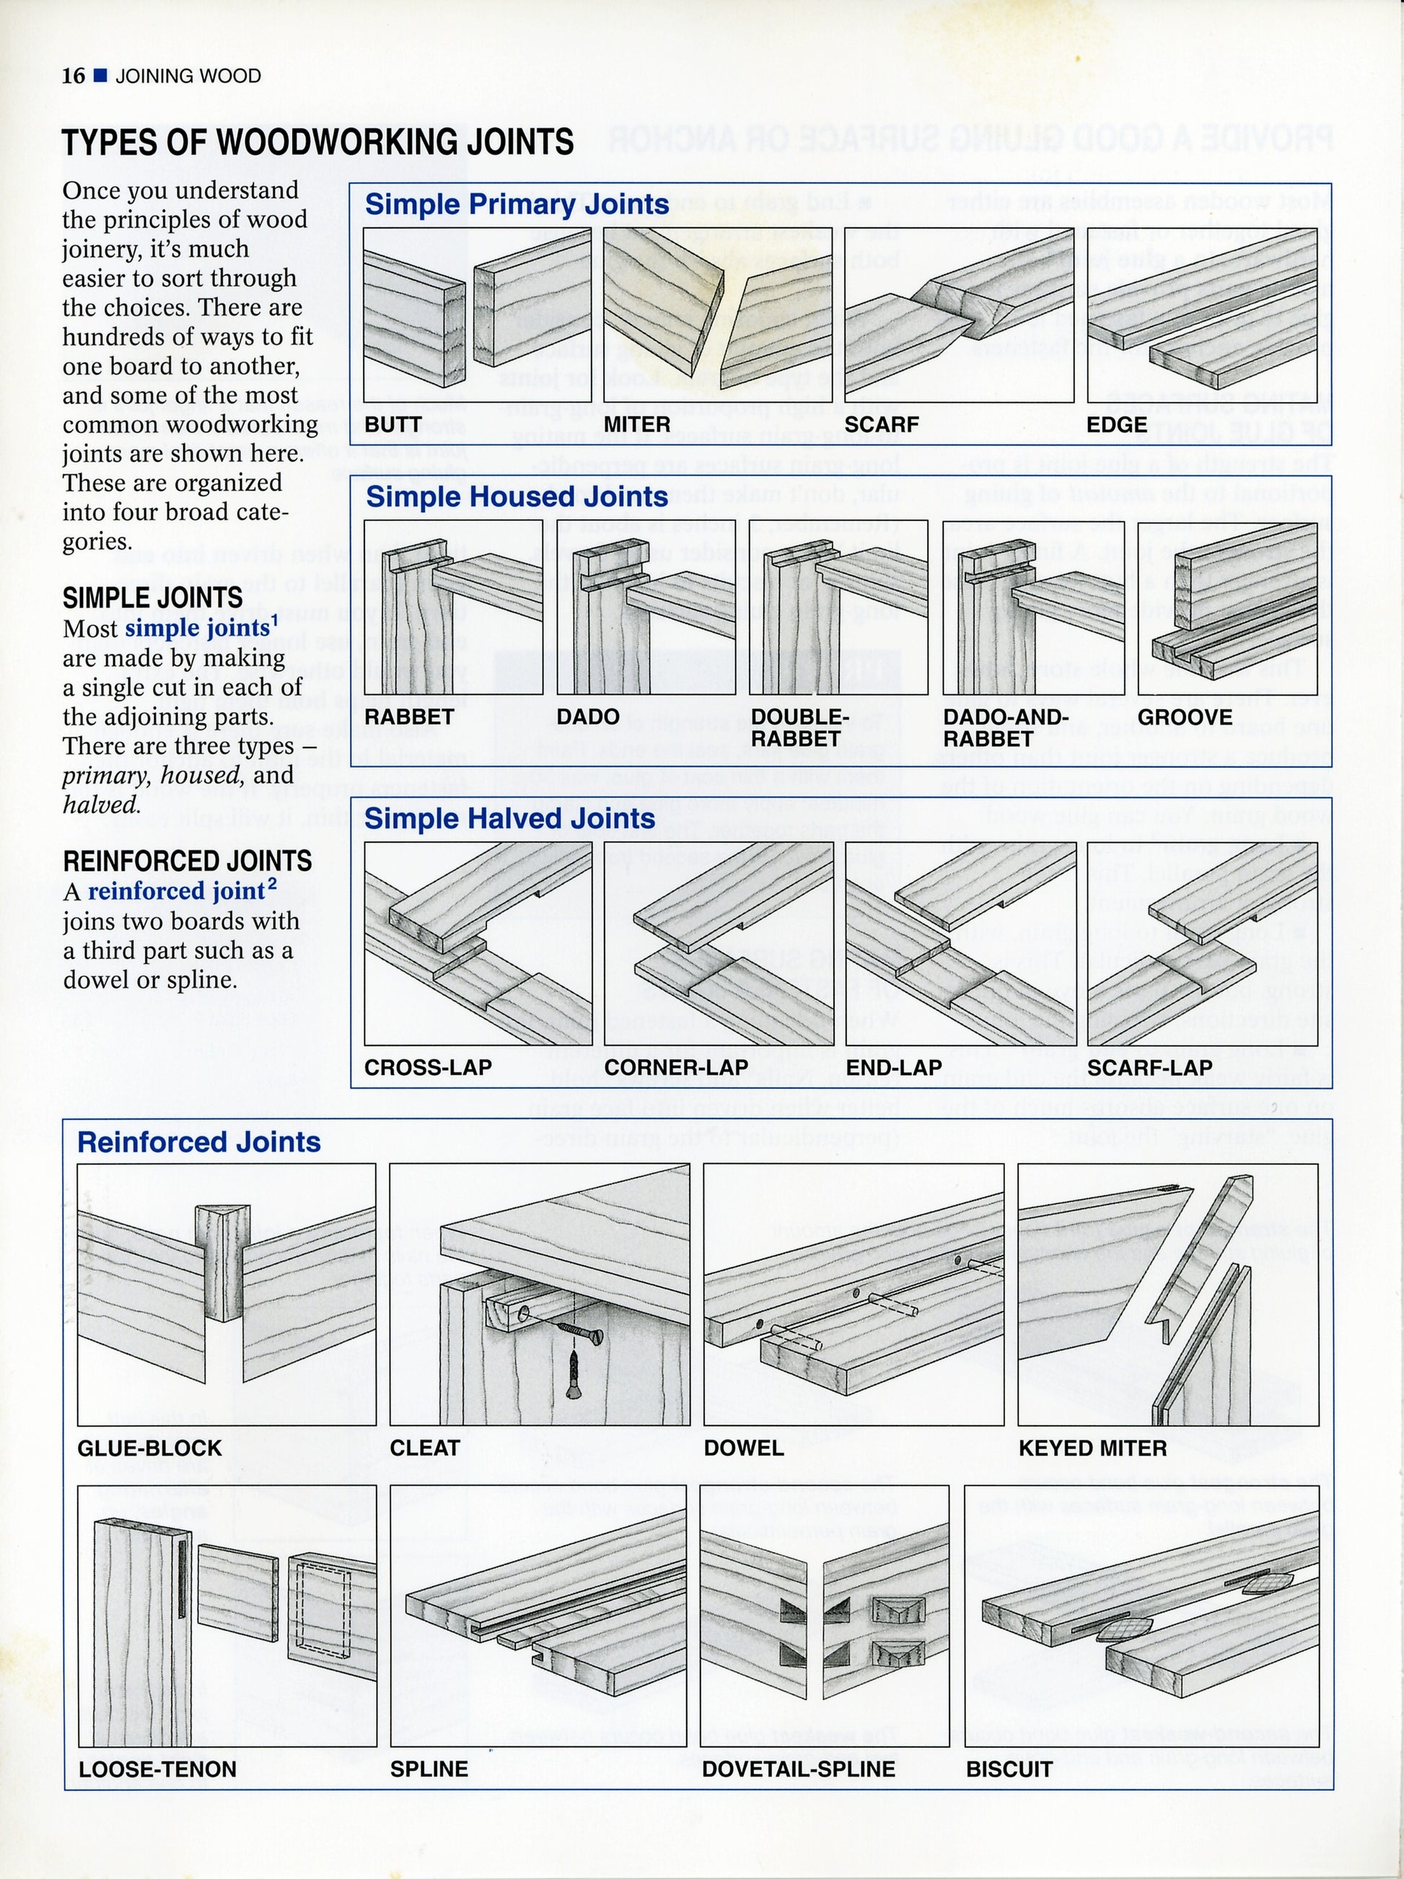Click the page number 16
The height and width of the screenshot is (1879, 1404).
(73, 76)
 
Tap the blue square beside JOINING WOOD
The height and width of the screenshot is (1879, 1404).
(100, 76)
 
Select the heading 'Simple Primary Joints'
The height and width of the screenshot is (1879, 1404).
(517, 205)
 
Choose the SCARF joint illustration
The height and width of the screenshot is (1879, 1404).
(959, 315)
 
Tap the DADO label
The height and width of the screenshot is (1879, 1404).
(588, 717)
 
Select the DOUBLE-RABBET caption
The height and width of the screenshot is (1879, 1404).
(799, 728)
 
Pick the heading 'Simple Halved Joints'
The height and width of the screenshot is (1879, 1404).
(509, 819)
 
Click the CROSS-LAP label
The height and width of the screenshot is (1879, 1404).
(428, 1068)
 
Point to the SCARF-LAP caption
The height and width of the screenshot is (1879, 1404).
(1149, 1068)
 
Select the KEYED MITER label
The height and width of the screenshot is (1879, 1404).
(1092, 1448)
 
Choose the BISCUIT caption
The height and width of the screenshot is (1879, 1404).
(1009, 1769)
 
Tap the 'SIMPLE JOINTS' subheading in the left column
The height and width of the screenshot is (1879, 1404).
(153, 598)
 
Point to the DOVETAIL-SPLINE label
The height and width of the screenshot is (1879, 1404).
(799, 1769)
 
